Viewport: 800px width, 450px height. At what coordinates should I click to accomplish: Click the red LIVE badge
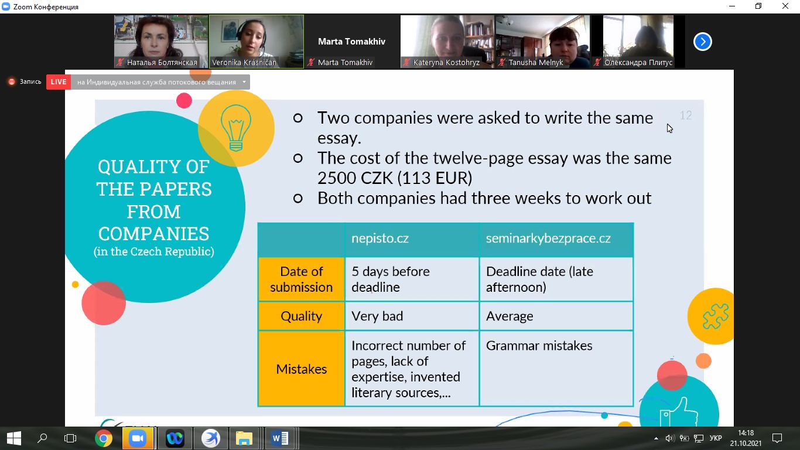(x=59, y=82)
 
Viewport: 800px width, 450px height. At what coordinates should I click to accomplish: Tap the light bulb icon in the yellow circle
(x=235, y=128)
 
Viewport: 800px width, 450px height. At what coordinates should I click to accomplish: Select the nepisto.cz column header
(x=412, y=238)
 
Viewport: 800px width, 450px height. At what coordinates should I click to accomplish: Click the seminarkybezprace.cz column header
(x=556, y=238)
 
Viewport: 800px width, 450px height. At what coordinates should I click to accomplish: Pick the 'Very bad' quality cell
(x=412, y=316)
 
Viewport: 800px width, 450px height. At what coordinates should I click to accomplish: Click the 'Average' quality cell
(x=556, y=316)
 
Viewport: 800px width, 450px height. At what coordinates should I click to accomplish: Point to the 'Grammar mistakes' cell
(x=556, y=369)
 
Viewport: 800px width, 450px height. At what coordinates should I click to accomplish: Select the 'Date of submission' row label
(x=302, y=279)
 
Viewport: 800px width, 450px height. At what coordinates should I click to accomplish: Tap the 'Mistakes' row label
(x=302, y=369)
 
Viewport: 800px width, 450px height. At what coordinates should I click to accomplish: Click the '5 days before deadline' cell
(x=412, y=279)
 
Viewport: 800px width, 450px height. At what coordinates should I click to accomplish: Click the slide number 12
(x=686, y=115)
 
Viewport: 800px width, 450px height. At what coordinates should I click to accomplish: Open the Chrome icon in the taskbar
(x=104, y=438)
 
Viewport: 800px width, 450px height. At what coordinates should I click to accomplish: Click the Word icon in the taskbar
(x=280, y=438)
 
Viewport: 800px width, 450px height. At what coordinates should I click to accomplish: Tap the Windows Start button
(x=14, y=438)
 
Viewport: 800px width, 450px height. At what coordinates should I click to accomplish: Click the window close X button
(x=785, y=6)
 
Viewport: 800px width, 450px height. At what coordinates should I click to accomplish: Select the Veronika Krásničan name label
(x=244, y=63)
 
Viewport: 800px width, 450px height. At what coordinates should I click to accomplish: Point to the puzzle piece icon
(x=715, y=316)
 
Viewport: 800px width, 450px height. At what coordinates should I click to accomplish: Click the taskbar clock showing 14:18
(x=746, y=433)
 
